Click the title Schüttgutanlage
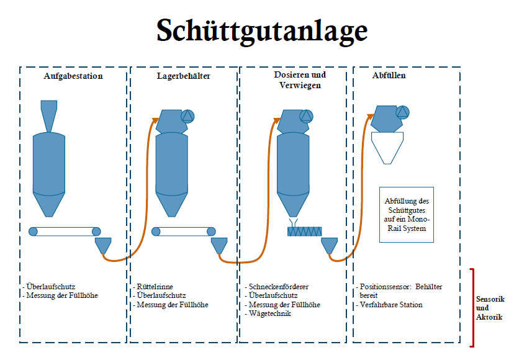tap(261, 30)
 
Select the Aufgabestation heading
tap(73, 76)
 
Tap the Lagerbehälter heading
tap(183, 76)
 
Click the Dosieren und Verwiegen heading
tap(300, 79)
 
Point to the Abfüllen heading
tap(389, 76)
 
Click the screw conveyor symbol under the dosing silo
tap(304, 232)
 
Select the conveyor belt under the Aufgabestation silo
tap(65, 232)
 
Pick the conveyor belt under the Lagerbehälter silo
tap(184, 232)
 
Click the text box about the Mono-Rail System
tap(407, 215)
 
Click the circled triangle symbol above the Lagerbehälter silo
tap(187, 116)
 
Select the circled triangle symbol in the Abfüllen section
tap(403, 112)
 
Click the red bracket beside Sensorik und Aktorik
tap(473, 307)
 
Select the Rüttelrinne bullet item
tap(156, 287)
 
